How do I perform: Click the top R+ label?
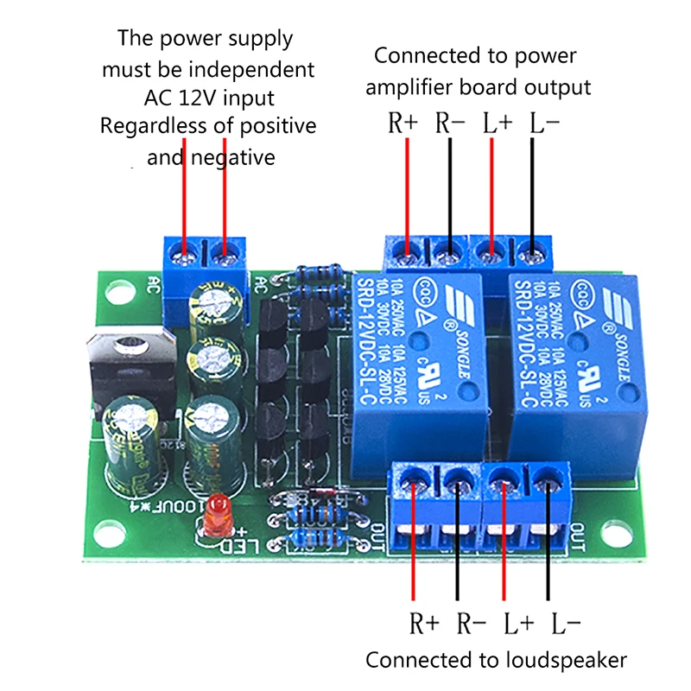[403, 123]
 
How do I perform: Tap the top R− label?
[450, 123]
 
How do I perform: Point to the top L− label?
[543, 123]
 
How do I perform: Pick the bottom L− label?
[565, 620]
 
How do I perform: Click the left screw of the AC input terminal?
[183, 254]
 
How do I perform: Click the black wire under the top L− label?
[532, 190]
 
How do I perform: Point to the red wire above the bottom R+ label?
[415, 553]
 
